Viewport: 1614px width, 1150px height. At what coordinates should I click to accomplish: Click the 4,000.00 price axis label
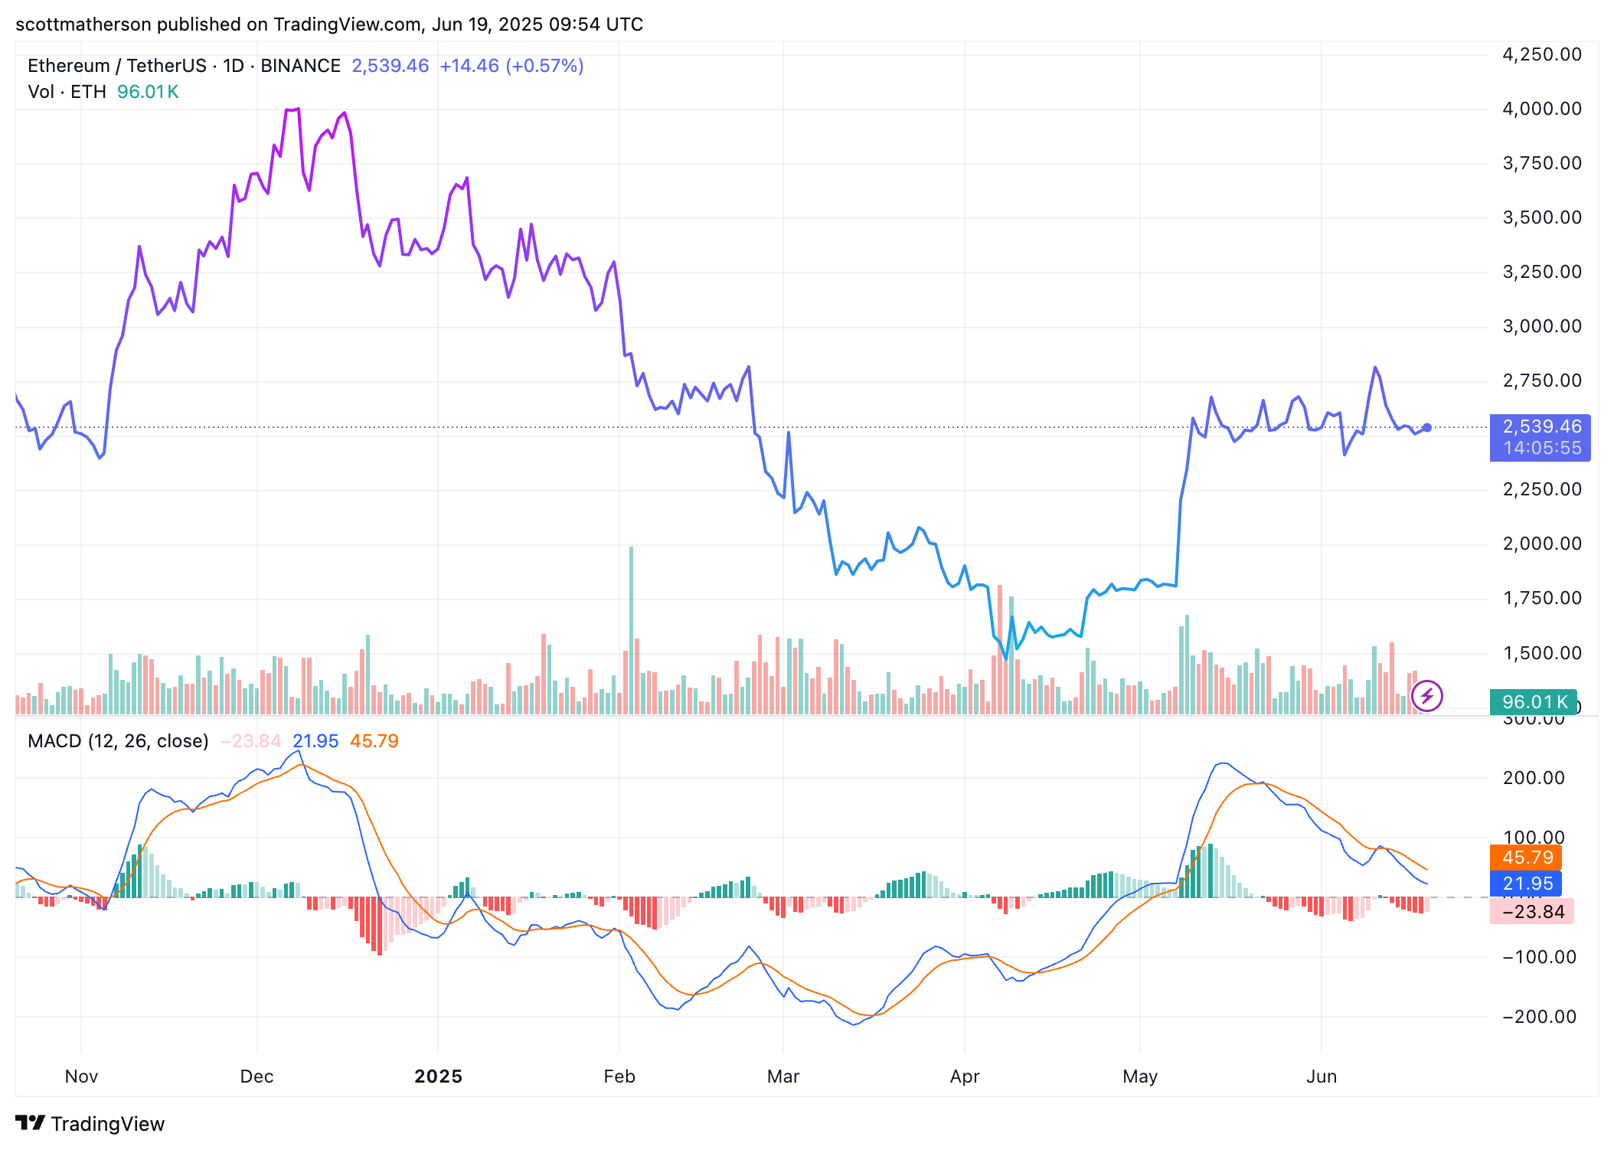click(x=1541, y=109)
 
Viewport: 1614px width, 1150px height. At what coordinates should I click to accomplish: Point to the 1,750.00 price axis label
click(x=1541, y=598)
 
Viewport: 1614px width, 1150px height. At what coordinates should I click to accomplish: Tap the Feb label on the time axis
click(x=619, y=1076)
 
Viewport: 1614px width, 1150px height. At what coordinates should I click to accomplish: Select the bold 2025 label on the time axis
click(x=438, y=1076)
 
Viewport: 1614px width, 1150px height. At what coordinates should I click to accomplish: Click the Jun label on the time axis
click(x=1321, y=1076)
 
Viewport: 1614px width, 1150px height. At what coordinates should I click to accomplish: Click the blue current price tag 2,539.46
click(x=1540, y=427)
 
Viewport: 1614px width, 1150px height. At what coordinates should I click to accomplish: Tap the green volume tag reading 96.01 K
click(x=1533, y=701)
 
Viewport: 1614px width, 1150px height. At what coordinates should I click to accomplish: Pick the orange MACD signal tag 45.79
click(x=1527, y=858)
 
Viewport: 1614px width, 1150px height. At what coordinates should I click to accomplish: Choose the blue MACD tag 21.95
click(x=1527, y=884)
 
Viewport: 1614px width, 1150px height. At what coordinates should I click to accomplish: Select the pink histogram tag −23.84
click(x=1531, y=912)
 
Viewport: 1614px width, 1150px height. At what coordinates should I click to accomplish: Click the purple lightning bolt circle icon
click(x=1426, y=696)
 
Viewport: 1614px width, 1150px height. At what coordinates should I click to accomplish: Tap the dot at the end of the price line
click(x=1427, y=427)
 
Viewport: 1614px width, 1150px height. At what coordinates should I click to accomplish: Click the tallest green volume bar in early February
click(x=631, y=628)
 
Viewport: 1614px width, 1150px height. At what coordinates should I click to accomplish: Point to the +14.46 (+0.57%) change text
click(x=511, y=66)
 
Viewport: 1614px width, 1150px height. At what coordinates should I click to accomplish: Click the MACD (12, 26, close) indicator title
click(x=118, y=741)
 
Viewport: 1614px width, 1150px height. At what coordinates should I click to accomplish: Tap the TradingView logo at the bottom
click(x=90, y=1123)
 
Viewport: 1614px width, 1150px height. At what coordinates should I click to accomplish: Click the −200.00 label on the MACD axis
click(x=1539, y=1017)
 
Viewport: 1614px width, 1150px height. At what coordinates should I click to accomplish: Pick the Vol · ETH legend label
click(x=67, y=92)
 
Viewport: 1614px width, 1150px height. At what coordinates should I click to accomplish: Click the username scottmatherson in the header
click(x=83, y=25)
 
